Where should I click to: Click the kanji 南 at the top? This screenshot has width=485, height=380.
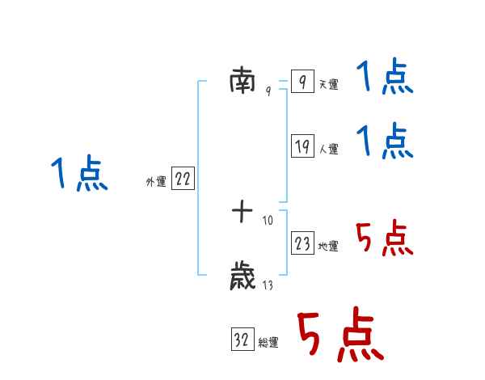[x=242, y=81]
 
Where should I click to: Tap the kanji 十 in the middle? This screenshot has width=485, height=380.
[x=242, y=213]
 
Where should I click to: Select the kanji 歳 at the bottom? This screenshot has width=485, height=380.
[x=242, y=277]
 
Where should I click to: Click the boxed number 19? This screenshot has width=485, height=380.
[x=302, y=146]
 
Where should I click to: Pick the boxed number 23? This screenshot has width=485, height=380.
[x=302, y=244]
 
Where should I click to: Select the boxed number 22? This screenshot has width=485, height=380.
[x=183, y=179]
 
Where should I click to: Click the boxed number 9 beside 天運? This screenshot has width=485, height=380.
[x=302, y=82]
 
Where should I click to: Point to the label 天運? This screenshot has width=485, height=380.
[x=328, y=85]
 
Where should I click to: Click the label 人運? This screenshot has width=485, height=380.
[x=328, y=150]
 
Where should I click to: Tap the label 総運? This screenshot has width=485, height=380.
[x=268, y=344]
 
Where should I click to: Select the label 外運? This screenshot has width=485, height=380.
[x=156, y=183]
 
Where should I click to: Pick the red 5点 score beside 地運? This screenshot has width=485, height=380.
[x=385, y=239]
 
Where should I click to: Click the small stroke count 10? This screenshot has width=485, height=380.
[x=268, y=219]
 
